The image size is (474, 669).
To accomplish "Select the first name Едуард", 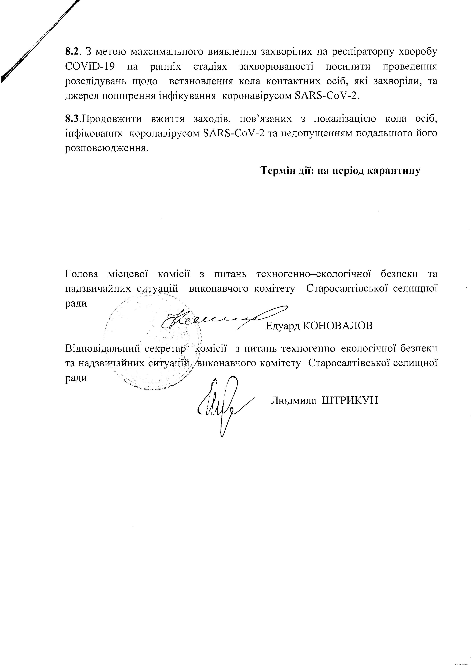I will point(283,326).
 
